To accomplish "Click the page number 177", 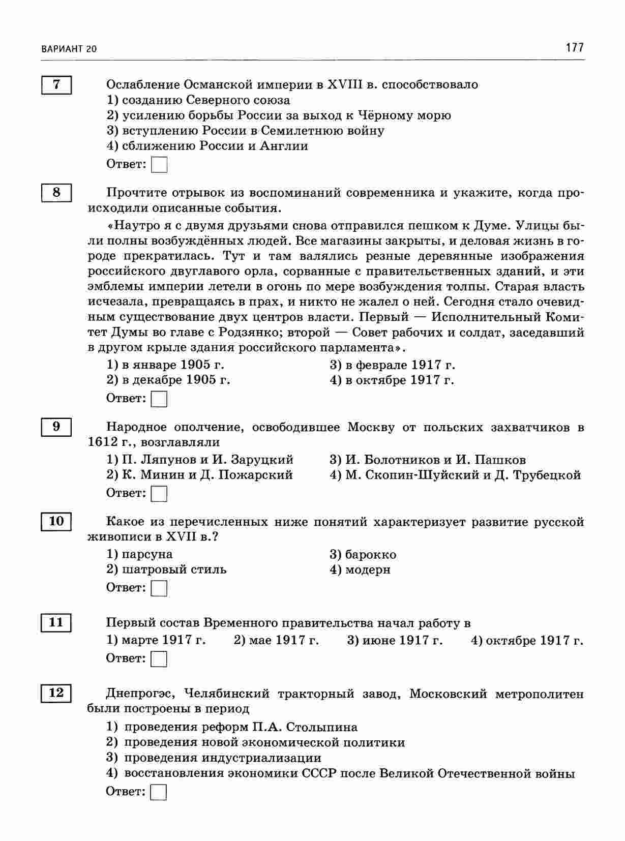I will pyautogui.click(x=574, y=48).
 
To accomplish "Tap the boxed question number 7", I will pyautogui.click(x=56, y=84).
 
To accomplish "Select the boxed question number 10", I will pyautogui.click(x=56, y=521).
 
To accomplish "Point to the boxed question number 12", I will pyautogui.click(x=56, y=693).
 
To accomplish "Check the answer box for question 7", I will pyautogui.click(x=159, y=165).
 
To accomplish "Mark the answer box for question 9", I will pyautogui.click(x=159, y=493).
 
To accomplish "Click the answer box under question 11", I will pyautogui.click(x=159, y=659).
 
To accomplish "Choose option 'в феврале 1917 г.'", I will pyautogui.click(x=400, y=365).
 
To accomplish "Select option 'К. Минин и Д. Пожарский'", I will pyautogui.click(x=207, y=475).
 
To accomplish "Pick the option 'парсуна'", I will pyautogui.click(x=147, y=554).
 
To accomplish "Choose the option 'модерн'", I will pyautogui.click(x=367, y=569).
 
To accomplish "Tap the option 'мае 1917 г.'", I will pyautogui.click(x=283, y=640).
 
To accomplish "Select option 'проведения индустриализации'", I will pyautogui.click(x=223, y=758).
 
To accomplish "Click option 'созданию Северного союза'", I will pyautogui.click(x=206, y=100).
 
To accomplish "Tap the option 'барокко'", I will pyautogui.click(x=370, y=554).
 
